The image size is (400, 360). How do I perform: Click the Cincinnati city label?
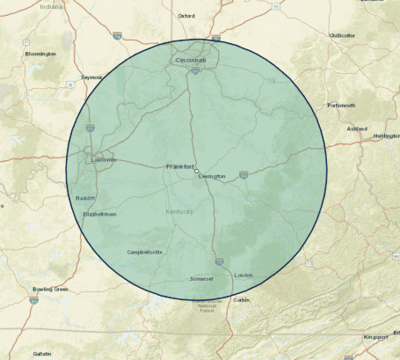coord(191,60)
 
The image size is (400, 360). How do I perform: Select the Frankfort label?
coord(179,166)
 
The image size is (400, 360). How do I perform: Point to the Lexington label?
coord(212,176)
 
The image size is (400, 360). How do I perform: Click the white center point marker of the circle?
coord(197,171)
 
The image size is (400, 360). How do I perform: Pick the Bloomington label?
coord(40,54)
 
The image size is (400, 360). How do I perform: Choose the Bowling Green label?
coord(50,289)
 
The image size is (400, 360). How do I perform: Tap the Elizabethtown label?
coord(98,214)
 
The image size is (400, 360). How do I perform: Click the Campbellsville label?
coord(145,252)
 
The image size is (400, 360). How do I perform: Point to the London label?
coord(244,276)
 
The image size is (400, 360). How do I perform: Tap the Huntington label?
coord(386,136)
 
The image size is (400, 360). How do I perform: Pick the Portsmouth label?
coord(341,105)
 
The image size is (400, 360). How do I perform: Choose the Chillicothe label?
coord(342,35)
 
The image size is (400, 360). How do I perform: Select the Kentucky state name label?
coord(181,213)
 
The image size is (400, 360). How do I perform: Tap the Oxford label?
coord(186,16)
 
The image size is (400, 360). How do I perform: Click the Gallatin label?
coord(42,353)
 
